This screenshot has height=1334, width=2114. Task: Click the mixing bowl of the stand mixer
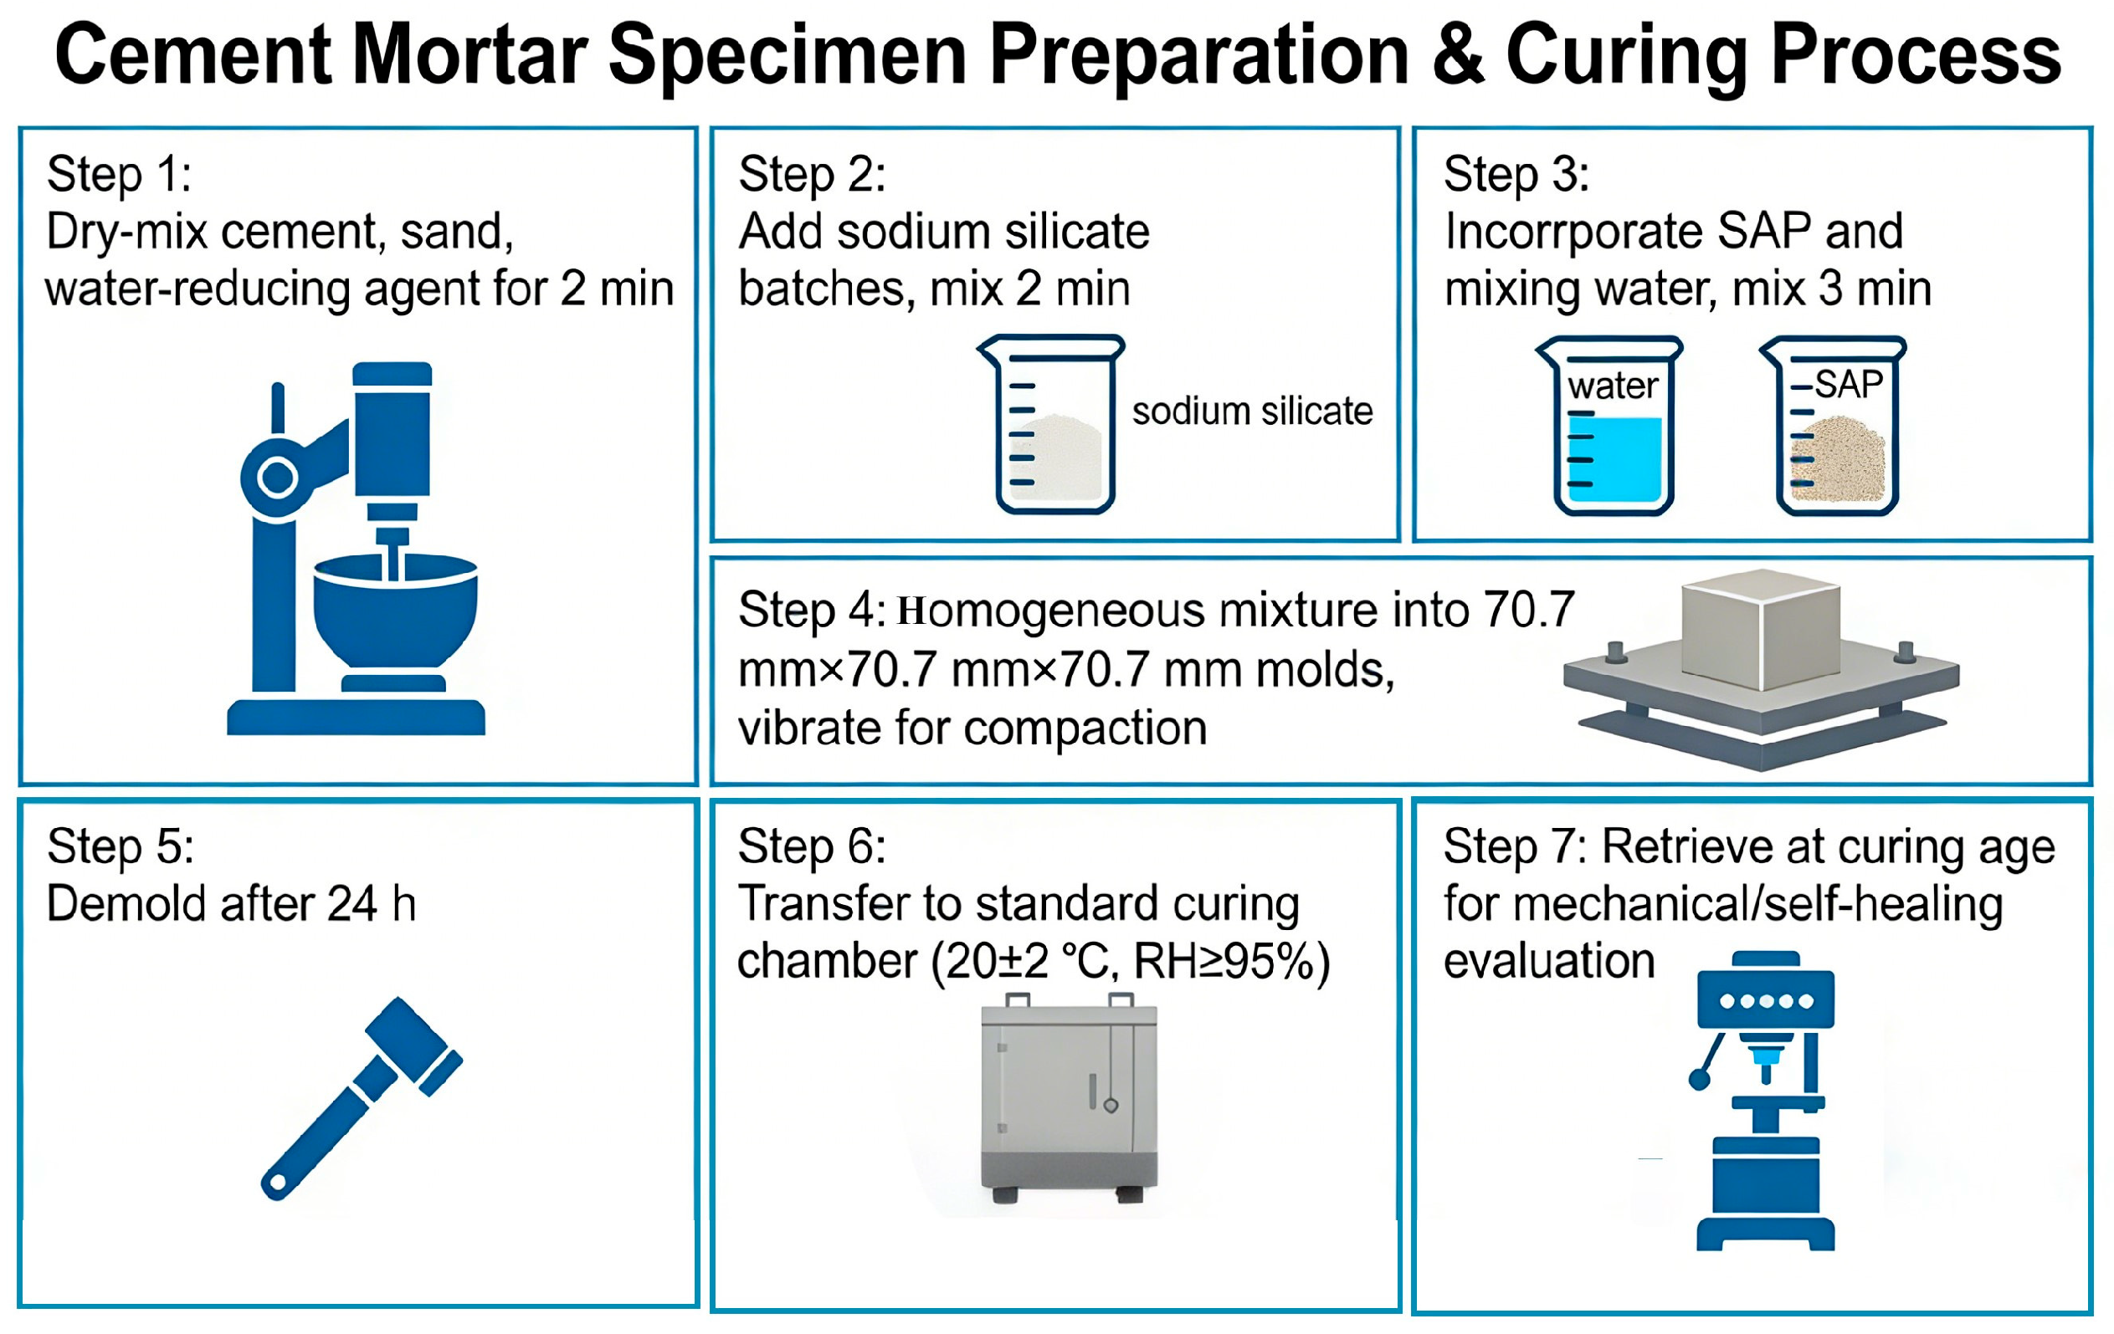pos(395,615)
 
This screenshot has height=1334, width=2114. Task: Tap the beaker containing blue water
pos(1609,426)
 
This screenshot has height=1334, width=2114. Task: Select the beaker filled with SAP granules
pos(1833,426)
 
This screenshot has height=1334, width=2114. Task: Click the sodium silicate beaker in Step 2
pos(1051,424)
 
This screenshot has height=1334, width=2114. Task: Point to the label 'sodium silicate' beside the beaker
pos(1252,411)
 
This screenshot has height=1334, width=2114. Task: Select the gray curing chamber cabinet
pos(1069,1098)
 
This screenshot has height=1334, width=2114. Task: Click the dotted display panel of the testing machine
pos(1767,999)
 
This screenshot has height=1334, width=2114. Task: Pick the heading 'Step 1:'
pos(119,174)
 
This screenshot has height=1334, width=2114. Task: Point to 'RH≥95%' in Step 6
pos(1233,962)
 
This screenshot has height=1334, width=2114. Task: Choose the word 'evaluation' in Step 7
pos(1548,961)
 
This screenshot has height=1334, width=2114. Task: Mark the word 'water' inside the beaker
pos(1613,386)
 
